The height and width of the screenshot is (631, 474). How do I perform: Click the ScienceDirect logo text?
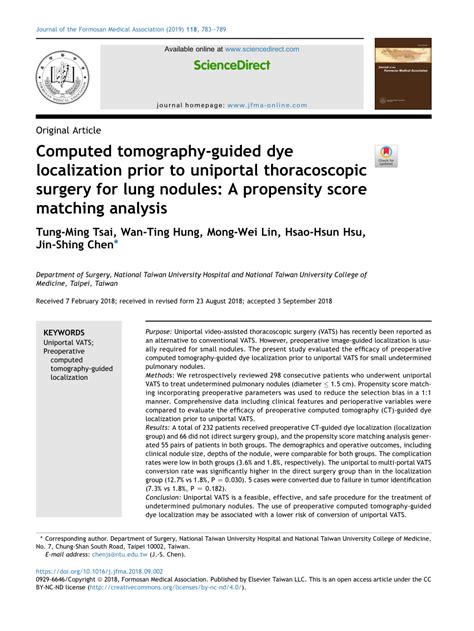click(236, 66)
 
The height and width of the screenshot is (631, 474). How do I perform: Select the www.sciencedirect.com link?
click(261, 48)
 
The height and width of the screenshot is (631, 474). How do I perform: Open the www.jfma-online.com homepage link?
click(265, 104)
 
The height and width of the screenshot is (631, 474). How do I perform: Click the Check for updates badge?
click(385, 156)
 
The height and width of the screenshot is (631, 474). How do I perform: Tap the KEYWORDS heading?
click(65, 331)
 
